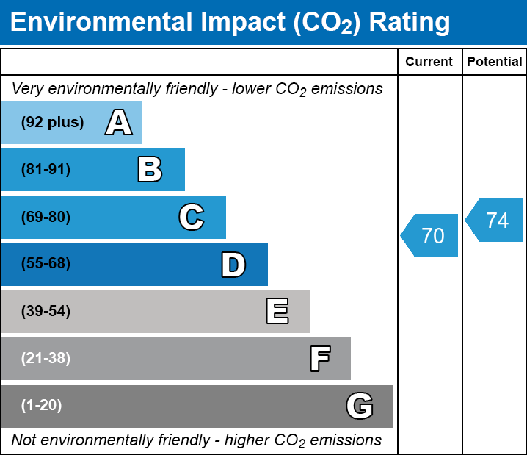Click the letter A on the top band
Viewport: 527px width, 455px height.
pyautogui.click(x=118, y=123)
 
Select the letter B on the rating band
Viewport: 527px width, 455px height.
pyautogui.click(x=150, y=170)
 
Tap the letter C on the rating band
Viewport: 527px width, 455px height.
pyautogui.click(x=191, y=218)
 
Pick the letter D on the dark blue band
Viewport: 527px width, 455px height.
pyautogui.click(x=233, y=265)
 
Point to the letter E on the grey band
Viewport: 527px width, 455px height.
pyautogui.click(x=277, y=312)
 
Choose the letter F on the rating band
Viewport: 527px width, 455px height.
pyautogui.click(x=319, y=359)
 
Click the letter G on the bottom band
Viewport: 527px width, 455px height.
pyautogui.click(x=360, y=406)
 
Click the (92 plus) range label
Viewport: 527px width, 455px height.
pyautogui.click(x=52, y=123)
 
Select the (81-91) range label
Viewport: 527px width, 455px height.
pyautogui.click(x=46, y=170)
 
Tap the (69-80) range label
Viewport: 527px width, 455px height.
pyautogui.click(x=46, y=218)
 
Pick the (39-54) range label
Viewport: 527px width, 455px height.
pyautogui.click(x=46, y=312)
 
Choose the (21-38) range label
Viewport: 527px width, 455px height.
pyautogui.click(x=46, y=359)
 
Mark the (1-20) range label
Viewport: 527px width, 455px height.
pyautogui.click(x=42, y=406)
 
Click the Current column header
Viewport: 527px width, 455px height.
pyautogui.click(x=429, y=62)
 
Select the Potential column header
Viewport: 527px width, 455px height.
pyautogui.click(x=495, y=62)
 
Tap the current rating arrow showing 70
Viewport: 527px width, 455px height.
pyautogui.click(x=431, y=236)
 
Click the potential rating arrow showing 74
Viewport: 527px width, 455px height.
pyautogui.click(x=495, y=221)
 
